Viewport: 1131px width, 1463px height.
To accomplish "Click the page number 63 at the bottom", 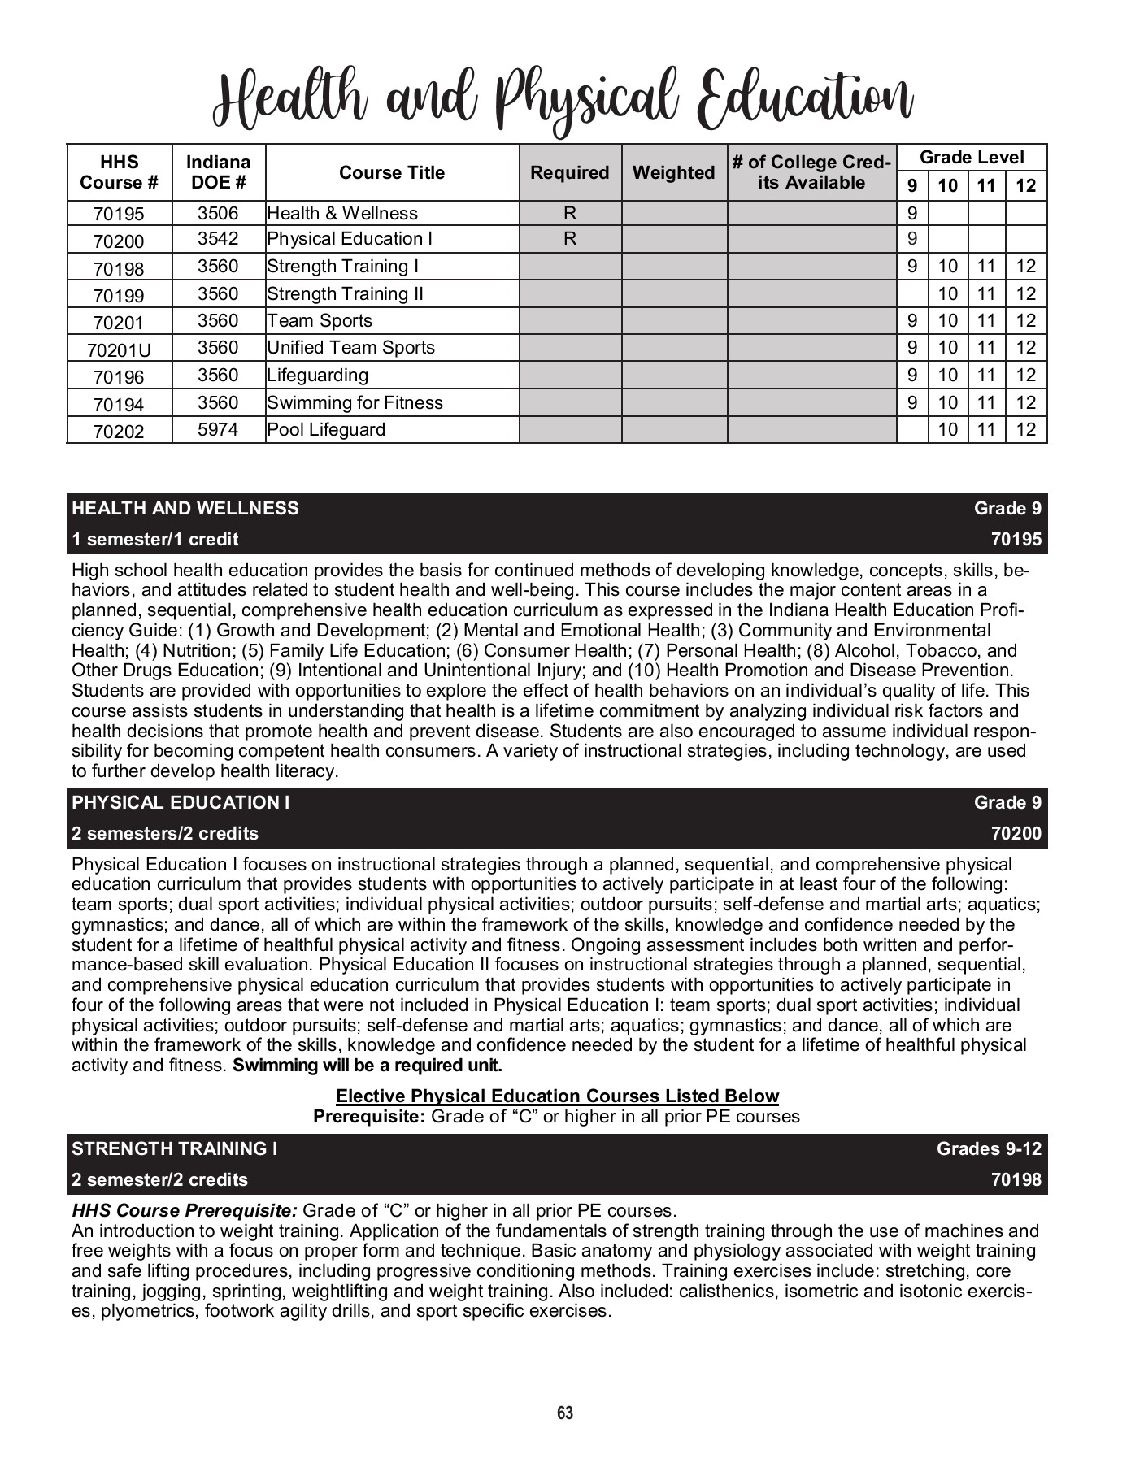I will [x=565, y=1413].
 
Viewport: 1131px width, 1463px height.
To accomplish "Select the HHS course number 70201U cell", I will [x=119, y=349].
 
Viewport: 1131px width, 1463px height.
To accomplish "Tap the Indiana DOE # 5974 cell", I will [x=218, y=429].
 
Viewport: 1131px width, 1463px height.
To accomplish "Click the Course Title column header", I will [x=392, y=172].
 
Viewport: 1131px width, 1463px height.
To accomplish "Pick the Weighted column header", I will [x=673, y=172].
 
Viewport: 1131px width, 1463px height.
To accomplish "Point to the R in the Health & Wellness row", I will [x=570, y=213].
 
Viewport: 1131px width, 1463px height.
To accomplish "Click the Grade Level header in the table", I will [x=972, y=158].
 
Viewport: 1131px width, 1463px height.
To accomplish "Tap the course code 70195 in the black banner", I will [x=1016, y=539].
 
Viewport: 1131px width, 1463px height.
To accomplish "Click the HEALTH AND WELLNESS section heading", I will [x=185, y=508].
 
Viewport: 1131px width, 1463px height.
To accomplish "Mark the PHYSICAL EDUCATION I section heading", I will [x=181, y=802].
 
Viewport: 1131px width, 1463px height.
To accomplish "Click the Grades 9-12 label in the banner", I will [x=989, y=1148].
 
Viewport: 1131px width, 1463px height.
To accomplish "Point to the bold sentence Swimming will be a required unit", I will [x=368, y=1065].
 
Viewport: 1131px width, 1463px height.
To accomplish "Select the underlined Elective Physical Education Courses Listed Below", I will [x=557, y=1096].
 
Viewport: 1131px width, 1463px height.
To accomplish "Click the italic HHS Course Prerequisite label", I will [x=185, y=1210].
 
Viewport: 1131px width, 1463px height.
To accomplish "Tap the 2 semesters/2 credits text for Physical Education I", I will [x=165, y=833].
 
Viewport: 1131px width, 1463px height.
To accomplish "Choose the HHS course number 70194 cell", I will [x=119, y=404].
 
